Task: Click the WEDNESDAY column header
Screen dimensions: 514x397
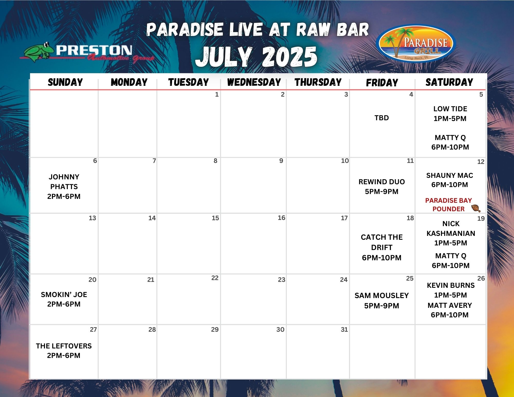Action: point(254,82)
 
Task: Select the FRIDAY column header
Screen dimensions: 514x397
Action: point(382,83)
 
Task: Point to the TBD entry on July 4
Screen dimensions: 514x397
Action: point(382,118)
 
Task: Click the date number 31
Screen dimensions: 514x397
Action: point(344,329)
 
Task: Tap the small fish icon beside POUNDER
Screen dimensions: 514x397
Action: point(476,208)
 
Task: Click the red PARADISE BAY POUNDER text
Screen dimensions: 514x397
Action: point(448,205)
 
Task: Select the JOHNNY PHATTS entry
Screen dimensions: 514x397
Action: point(64,182)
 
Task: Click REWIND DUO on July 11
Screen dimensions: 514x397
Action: point(382,182)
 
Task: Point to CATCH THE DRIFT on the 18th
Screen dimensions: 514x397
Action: point(382,242)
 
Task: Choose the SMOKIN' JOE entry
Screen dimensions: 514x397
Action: point(64,294)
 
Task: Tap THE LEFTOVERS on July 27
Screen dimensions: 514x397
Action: point(64,346)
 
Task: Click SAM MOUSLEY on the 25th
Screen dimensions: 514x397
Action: point(382,296)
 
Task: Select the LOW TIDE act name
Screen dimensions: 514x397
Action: point(450,109)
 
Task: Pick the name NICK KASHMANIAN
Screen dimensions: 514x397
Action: point(451,228)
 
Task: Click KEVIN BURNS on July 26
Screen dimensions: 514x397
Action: point(451,285)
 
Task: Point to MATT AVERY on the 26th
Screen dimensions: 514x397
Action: point(450,305)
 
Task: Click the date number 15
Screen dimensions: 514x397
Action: point(215,218)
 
